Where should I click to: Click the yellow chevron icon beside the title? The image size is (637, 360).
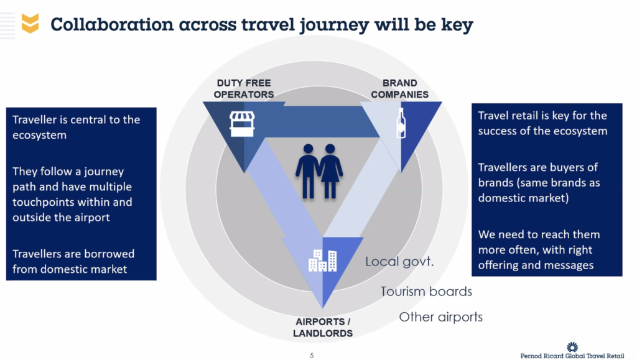[30, 23]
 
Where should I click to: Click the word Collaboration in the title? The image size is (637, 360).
[112, 24]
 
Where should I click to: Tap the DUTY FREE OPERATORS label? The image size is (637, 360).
[244, 88]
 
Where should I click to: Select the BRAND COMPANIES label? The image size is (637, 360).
[400, 88]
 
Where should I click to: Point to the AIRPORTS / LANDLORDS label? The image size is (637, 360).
[323, 328]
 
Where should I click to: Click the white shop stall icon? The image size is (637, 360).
[242, 124]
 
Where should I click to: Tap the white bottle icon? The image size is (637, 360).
[401, 123]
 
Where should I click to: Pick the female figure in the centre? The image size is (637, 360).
[331, 171]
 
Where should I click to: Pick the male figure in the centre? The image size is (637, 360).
[307, 171]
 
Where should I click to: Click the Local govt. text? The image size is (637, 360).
[399, 261]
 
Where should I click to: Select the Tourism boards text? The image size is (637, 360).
[426, 292]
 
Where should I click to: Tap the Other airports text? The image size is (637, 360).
[441, 317]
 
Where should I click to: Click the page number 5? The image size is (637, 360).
[312, 356]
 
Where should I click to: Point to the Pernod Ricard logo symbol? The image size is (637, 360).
[572, 347]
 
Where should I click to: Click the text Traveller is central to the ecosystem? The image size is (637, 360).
[77, 127]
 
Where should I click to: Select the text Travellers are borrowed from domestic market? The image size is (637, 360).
[73, 261]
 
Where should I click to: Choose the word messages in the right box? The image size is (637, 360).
[569, 265]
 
